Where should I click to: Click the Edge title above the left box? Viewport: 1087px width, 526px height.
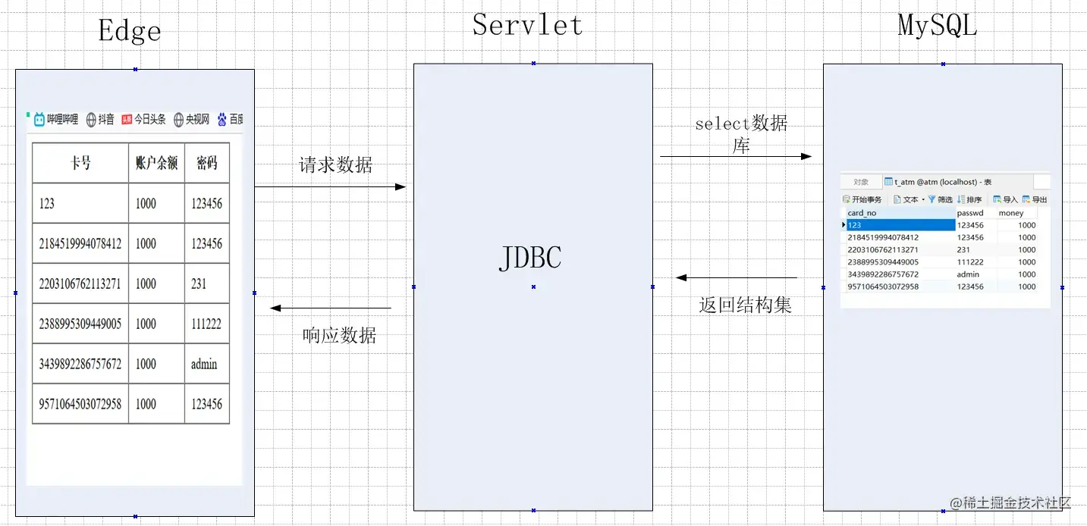coord(130,31)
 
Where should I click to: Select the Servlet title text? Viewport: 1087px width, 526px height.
coord(527,25)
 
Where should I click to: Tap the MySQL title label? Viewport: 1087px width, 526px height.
coord(938,25)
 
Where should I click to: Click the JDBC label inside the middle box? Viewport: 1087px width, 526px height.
coord(530,258)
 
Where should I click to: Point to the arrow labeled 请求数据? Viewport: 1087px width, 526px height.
coord(330,186)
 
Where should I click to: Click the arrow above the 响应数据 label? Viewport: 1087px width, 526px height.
coord(331,308)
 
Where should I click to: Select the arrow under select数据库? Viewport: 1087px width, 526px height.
coord(736,157)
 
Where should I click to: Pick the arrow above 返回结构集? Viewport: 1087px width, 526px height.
coord(737,277)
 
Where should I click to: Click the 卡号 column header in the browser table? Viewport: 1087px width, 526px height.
coord(80,163)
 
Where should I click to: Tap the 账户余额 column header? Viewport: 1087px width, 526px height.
coord(156,163)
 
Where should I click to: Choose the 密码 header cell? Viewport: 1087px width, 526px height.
coord(206,163)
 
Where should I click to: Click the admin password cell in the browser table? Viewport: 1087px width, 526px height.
coord(204,364)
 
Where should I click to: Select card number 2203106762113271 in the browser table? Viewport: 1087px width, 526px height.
coord(80,283)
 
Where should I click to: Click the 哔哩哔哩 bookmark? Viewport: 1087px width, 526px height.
coord(56,119)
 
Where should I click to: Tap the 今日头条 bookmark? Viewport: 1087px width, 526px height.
coord(143,119)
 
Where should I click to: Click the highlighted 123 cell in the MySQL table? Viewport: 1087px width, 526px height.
coord(900,225)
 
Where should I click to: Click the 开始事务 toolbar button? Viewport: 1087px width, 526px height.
coord(862,199)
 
